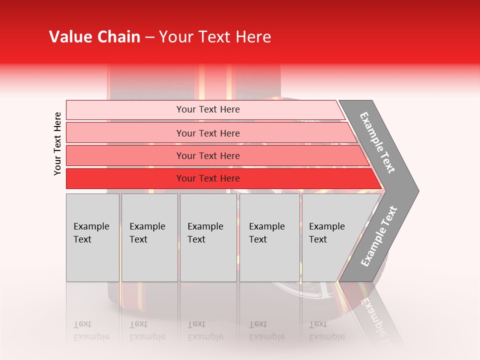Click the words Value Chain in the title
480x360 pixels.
pos(94,37)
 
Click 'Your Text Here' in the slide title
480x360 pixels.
pos(215,37)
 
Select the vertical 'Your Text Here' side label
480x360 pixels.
pos(57,143)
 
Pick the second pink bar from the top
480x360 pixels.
pos(207,133)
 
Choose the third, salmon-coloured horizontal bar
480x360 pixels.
pos(207,155)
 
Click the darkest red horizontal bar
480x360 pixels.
pos(207,178)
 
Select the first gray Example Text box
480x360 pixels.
pos(92,237)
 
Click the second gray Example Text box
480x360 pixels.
pos(149,237)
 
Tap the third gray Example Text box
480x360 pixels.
pos(208,237)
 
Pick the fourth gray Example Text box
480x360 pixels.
pos(269,237)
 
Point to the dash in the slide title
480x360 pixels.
pos(149,37)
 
